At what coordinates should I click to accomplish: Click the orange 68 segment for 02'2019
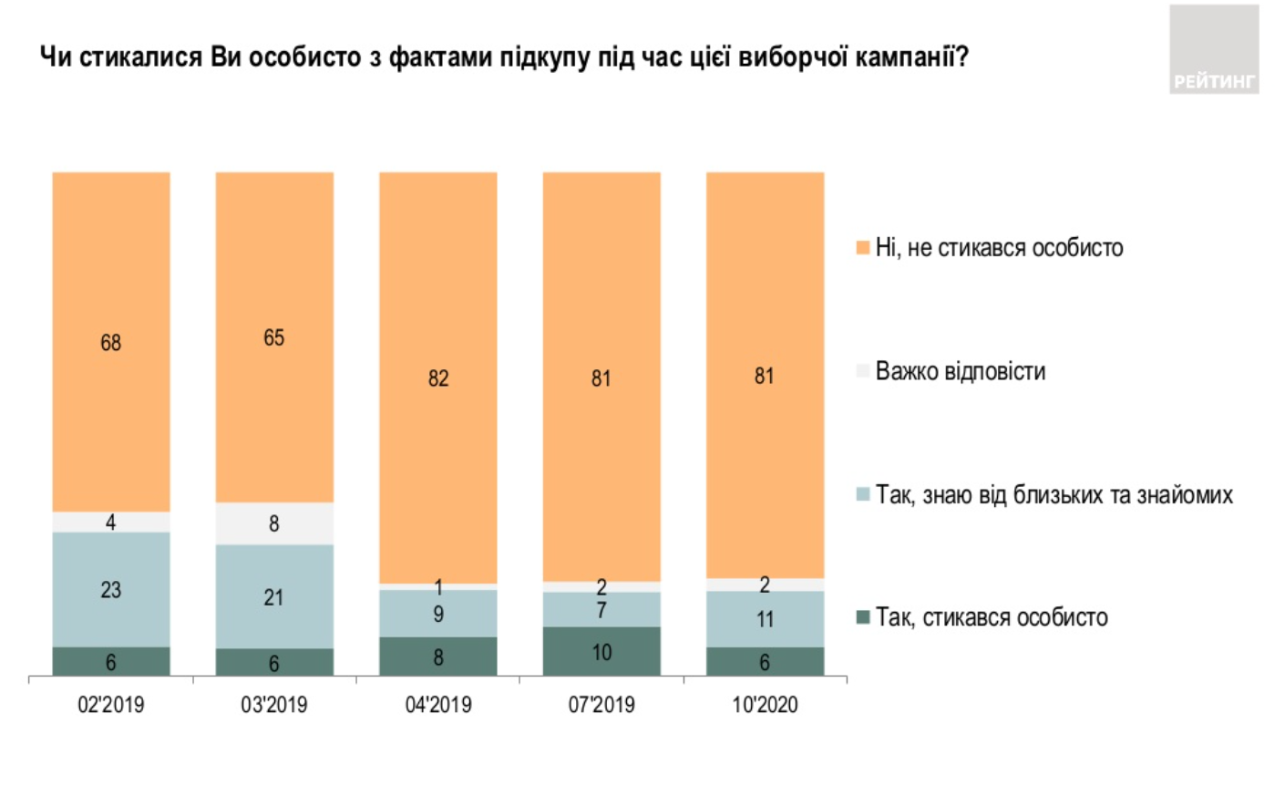tap(111, 342)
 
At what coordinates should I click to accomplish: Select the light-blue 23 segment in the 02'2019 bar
tap(111, 589)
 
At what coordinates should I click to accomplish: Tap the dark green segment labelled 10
tap(601, 651)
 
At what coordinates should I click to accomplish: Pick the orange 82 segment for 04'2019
tap(438, 378)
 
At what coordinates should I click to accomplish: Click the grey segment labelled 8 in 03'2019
tap(274, 523)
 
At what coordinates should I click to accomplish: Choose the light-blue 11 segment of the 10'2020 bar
tap(765, 618)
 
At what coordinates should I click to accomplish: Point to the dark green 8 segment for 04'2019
tap(438, 657)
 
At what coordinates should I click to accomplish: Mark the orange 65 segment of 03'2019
tap(274, 337)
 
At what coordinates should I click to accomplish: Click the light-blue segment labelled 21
tap(274, 596)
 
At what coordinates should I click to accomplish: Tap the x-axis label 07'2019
tap(601, 705)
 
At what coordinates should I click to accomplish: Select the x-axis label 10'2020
tap(765, 705)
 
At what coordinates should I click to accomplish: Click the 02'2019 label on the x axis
tap(111, 705)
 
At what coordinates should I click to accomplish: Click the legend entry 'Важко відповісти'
tap(960, 371)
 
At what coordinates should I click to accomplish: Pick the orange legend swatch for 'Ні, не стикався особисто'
tap(862, 248)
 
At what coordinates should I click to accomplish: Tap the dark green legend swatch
tap(862, 617)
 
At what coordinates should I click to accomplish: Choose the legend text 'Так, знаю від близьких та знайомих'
tap(1054, 494)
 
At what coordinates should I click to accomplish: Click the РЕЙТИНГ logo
tap(1213, 50)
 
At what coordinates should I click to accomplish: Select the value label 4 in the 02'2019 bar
tap(111, 522)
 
